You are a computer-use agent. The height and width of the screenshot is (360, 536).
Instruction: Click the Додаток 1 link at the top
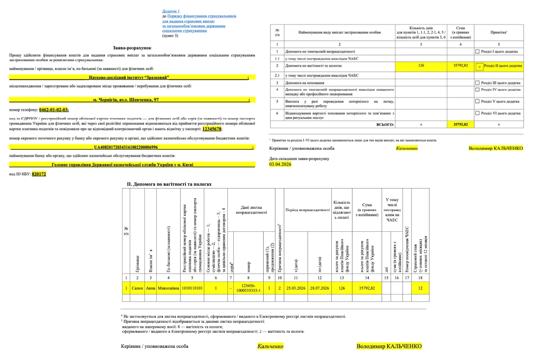pyautogui.click(x=171, y=11)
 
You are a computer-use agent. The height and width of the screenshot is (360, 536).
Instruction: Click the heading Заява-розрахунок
pyautogui.click(x=132, y=48)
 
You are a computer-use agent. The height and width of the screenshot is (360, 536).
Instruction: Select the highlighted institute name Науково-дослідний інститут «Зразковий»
pyautogui.click(x=129, y=77)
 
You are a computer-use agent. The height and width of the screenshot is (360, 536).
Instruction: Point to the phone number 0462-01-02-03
pyautogui.click(x=54, y=110)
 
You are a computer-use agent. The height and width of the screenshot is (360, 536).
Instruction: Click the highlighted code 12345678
pyautogui.click(x=212, y=129)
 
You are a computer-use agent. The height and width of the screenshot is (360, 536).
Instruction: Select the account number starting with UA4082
pyautogui.click(x=126, y=147)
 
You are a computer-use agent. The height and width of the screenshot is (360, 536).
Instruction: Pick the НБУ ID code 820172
pyautogui.click(x=39, y=174)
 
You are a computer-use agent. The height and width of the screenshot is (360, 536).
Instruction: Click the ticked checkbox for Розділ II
pyautogui.click(x=479, y=66)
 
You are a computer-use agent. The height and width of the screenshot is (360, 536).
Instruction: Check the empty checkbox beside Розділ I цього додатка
pyautogui.click(x=477, y=52)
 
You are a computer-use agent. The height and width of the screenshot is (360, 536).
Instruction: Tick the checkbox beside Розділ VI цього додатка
pyautogui.click(x=477, y=113)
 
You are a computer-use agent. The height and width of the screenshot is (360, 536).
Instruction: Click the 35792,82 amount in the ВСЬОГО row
pyautogui.click(x=460, y=125)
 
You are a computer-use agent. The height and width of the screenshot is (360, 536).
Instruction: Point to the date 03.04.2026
pyautogui.click(x=280, y=165)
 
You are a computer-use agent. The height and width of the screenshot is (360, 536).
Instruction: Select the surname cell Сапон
pyautogui.click(x=137, y=288)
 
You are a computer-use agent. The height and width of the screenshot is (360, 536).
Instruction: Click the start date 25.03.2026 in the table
pyautogui.click(x=296, y=288)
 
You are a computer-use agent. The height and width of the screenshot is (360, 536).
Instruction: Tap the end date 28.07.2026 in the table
pyautogui.click(x=319, y=288)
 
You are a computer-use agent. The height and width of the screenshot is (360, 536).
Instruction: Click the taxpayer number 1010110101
pyautogui.click(x=192, y=288)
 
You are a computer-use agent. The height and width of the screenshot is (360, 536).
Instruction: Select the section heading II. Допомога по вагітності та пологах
pyautogui.click(x=169, y=184)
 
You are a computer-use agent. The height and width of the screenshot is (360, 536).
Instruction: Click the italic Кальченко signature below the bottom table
pyautogui.click(x=270, y=346)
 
